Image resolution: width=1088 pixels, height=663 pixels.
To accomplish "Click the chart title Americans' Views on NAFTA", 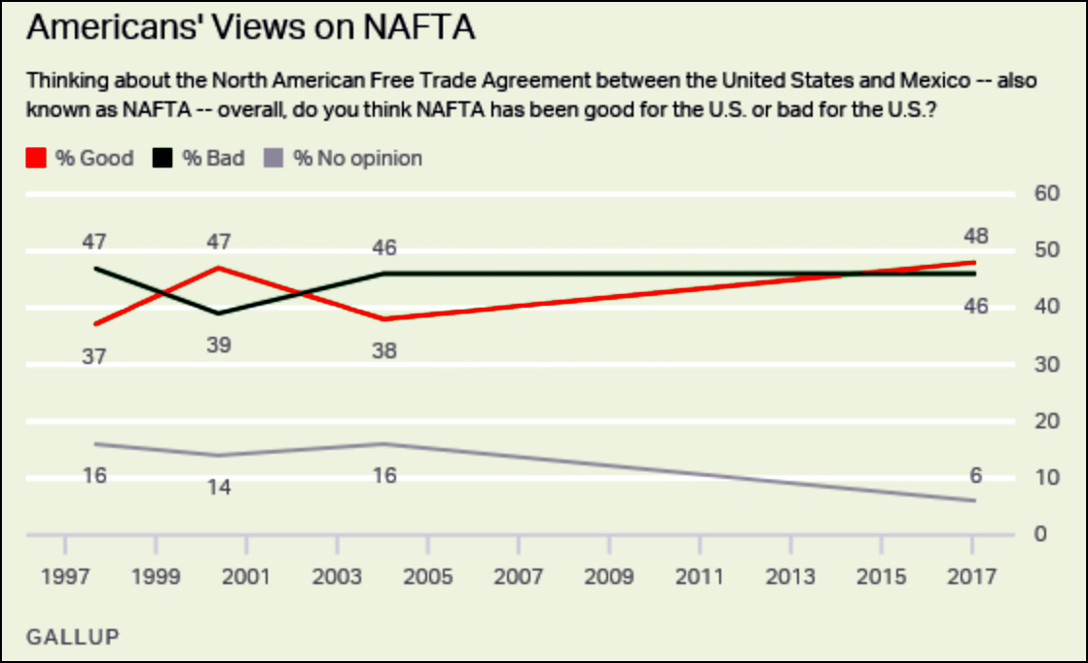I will (x=250, y=28).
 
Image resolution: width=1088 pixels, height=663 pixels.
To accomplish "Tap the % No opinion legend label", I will (x=358, y=158).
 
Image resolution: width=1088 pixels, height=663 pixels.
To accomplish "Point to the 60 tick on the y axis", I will (x=1047, y=193).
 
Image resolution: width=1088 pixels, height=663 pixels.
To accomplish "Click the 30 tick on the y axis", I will (x=1047, y=364).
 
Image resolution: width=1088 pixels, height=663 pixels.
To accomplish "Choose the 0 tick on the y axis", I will (x=1040, y=534).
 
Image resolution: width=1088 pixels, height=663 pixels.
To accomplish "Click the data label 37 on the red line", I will (x=93, y=356).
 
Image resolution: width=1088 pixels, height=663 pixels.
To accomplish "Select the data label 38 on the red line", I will (x=384, y=350).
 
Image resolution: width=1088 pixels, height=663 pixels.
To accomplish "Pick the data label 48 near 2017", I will (x=975, y=236).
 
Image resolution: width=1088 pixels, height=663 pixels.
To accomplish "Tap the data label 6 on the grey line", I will (x=975, y=476).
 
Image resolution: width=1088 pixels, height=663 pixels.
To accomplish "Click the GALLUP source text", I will (x=72, y=638).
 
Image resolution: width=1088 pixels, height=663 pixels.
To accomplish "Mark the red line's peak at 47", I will (x=219, y=267).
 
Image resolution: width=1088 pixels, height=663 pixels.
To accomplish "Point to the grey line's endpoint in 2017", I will (x=975, y=501).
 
